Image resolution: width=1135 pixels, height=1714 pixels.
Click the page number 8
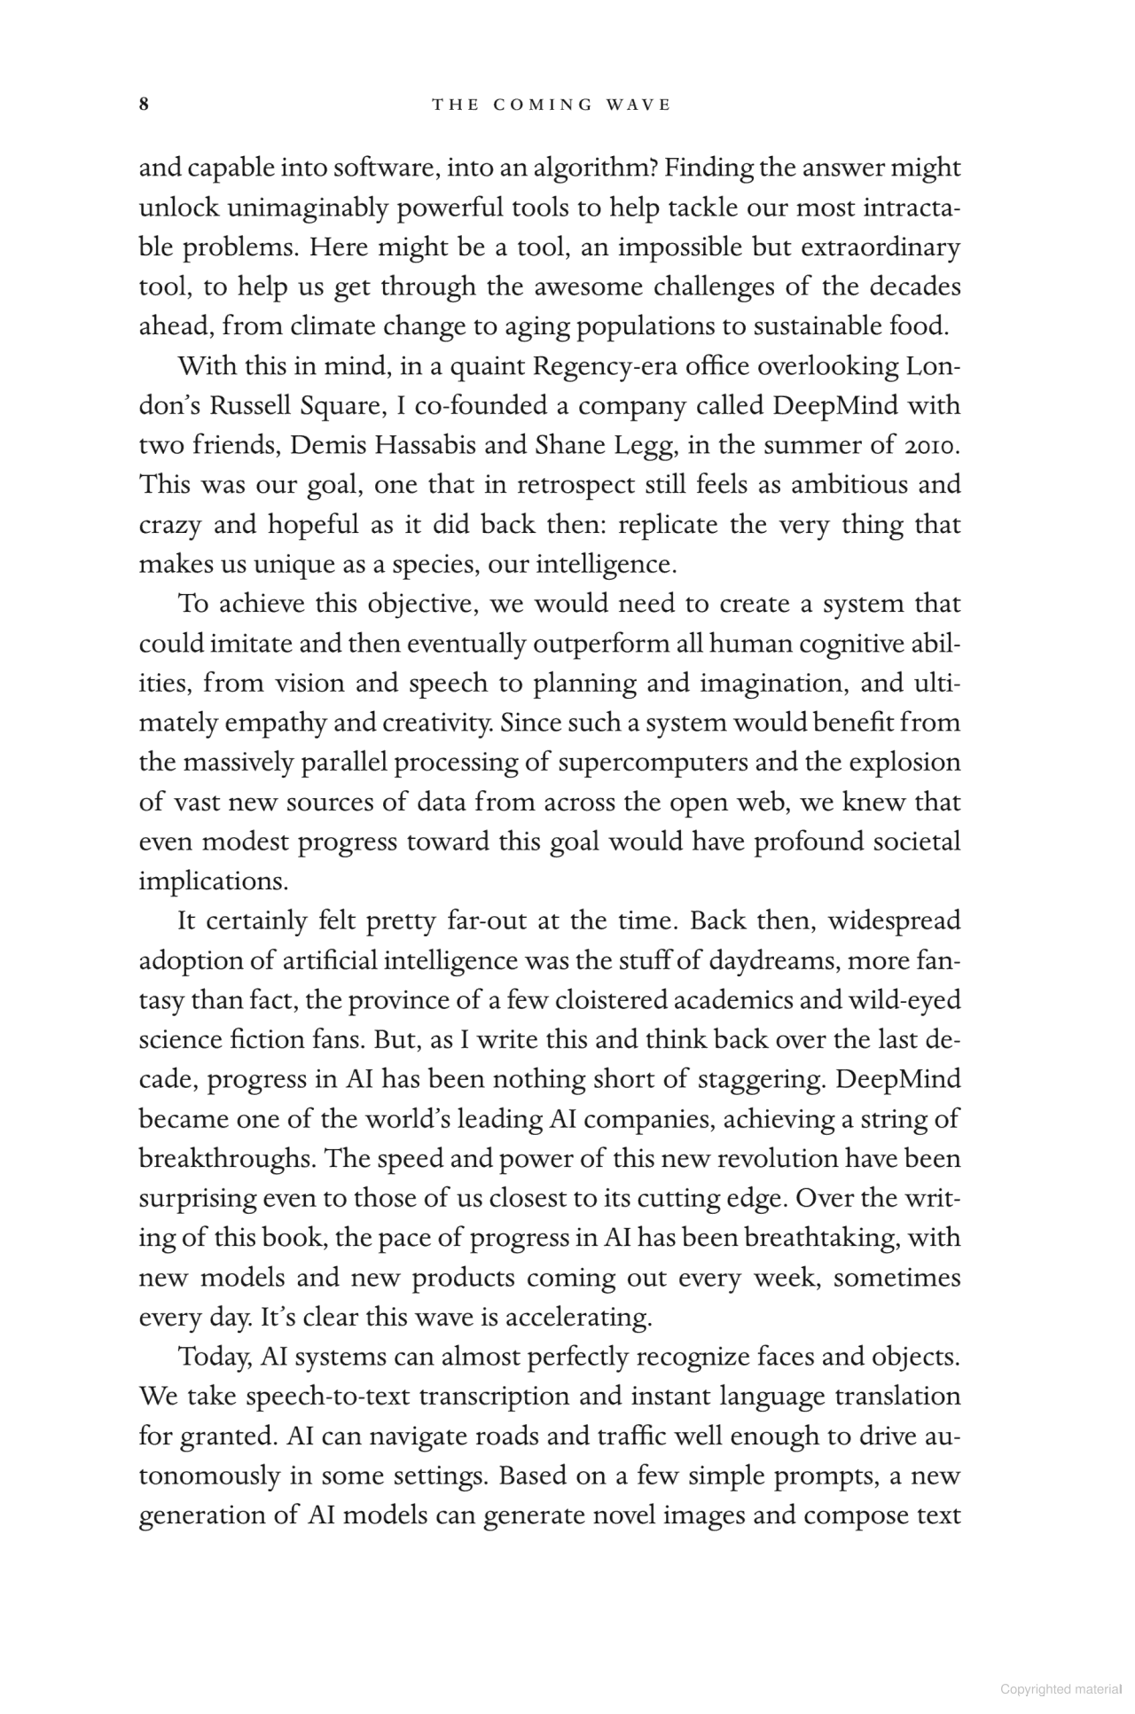144,105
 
